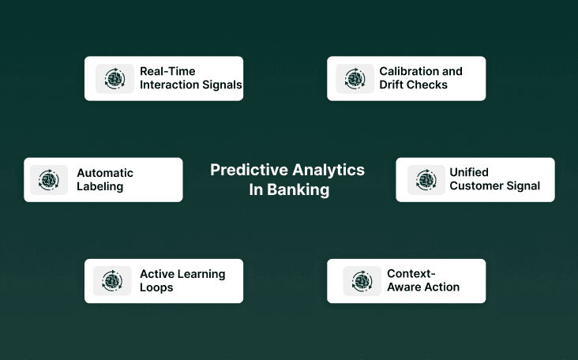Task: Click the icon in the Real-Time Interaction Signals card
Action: [x=115, y=78]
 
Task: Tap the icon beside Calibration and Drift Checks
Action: [x=355, y=78]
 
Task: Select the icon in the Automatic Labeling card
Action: [x=49, y=180]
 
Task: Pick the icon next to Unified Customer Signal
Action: [x=426, y=180]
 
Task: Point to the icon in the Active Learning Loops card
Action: [x=112, y=281]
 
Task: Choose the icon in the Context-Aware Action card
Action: [x=362, y=281]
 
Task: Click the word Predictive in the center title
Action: [x=249, y=170]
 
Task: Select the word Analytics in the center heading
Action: [x=328, y=170]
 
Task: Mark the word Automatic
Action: [x=105, y=173]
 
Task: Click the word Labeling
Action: [x=99, y=186]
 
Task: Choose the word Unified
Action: [x=469, y=172]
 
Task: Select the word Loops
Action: [x=156, y=287]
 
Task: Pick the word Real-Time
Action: [x=167, y=71]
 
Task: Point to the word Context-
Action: [x=411, y=273]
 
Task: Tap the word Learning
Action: [x=201, y=274]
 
